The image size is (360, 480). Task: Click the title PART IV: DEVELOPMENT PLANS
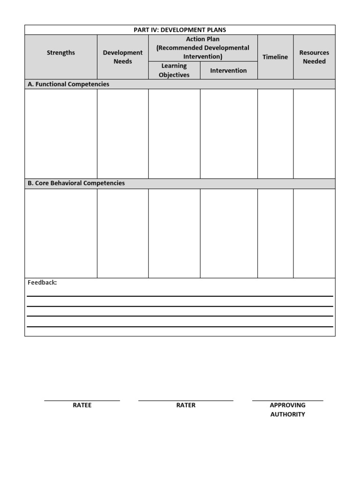(x=180, y=30)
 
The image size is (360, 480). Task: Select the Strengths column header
(x=61, y=52)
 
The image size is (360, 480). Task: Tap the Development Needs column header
(x=123, y=57)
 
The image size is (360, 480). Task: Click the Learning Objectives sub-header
(x=174, y=70)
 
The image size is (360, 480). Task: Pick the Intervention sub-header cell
(x=228, y=71)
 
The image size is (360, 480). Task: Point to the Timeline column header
(x=275, y=57)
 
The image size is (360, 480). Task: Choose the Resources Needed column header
(x=314, y=57)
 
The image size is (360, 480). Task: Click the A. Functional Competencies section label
(x=68, y=84)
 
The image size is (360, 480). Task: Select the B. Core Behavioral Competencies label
(x=76, y=183)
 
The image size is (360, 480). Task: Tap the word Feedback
(x=42, y=283)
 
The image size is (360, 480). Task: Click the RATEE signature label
(x=82, y=405)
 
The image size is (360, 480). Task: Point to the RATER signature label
(x=186, y=405)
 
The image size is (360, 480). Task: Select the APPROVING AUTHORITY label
(x=287, y=410)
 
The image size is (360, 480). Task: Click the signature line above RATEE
(x=82, y=401)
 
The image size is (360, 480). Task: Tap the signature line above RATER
(x=186, y=401)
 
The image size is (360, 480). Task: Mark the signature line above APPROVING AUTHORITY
(x=287, y=401)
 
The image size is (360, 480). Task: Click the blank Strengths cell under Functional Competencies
(x=61, y=134)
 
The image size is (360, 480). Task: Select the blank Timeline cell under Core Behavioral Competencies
(x=275, y=233)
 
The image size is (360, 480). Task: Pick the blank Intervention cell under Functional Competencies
(x=228, y=134)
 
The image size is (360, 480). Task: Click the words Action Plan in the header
(x=202, y=39)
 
